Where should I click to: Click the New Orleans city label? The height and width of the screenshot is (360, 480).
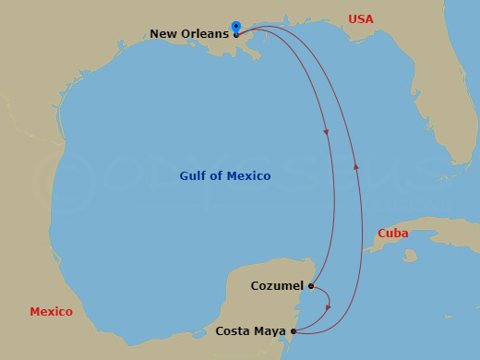pyautogui.click(x=189, y=34)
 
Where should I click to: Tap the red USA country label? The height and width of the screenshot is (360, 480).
pyautogui.click(x=362, y=18)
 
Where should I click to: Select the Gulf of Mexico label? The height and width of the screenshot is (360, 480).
pyautogui.click(x=225, y=175)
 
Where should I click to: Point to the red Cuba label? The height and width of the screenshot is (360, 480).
pyautogui.click(x=393, y=234)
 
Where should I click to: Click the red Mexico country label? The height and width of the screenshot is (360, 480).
pyautogui.click(x=51, y=312)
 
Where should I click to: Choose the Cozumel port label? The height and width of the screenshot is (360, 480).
pyautogui.click(x=277, y=285)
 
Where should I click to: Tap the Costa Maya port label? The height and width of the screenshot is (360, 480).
pyautogui.click(x=251, y=330)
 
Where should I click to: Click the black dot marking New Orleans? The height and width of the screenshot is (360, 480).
pyautogui.click(x=236, y=35)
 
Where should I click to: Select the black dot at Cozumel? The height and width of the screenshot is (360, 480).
pyautogui.click(x=311, y=286)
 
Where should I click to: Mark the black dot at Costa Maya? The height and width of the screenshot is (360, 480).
pyautogui.click(x=294, y=330)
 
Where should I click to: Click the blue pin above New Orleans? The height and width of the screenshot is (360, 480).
pyautogui.click(x=236, y=27)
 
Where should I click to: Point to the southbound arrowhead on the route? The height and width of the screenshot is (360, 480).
pyautogui.click(x=327, y=132)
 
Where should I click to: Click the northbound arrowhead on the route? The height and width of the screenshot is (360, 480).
pyautogui.click(x=355, y=166)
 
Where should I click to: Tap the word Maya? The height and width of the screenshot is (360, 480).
pyautogui.click(x=270, y=330)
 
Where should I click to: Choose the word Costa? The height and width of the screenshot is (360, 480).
pyautogui.click(x=233, y=330)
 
